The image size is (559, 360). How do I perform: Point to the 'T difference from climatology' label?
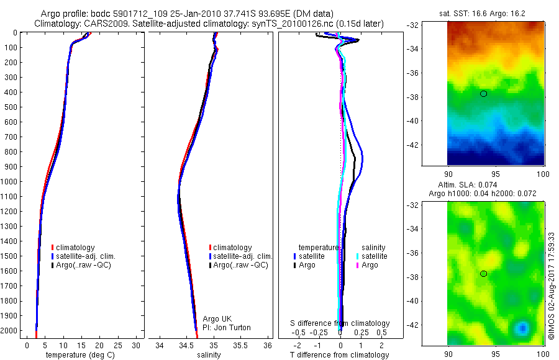point(339,355)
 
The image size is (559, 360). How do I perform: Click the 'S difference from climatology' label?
point(340,323)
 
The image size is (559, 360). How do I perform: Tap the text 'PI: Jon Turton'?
point(227,328)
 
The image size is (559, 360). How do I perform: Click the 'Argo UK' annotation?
point(217,319)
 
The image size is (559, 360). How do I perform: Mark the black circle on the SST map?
point(483,94)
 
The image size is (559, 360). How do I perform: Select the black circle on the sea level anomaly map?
point(483,274)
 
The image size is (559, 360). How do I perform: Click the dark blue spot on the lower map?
point(523,327)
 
